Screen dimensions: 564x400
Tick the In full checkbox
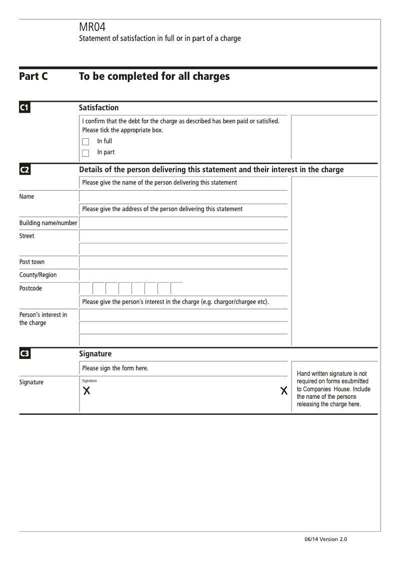point(85,142)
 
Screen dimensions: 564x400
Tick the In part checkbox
point(85,153)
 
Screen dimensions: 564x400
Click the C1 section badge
point(25,107)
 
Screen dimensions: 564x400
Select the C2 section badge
point(25,170)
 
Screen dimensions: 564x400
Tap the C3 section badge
point(25,354)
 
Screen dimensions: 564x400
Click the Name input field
point(183,197)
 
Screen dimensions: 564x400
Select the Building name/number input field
point(183,223)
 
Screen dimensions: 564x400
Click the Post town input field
point(183,262)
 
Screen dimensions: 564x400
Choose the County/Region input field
point(183,275)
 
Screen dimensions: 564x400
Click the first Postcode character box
point(86,288)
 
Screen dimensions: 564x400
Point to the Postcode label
point(30,288)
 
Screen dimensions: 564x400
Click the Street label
point(27,236)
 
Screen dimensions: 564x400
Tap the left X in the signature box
point(87,391)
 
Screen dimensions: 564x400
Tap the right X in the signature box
point(284,391)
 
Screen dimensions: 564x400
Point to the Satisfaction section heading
point(99,107)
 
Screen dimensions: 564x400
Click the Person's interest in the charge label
point(43,318)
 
